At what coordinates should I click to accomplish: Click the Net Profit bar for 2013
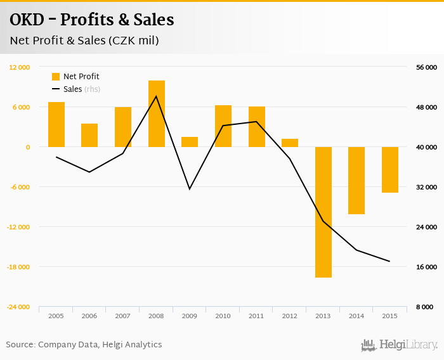click(323, 212)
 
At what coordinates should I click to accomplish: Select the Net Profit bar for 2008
click(157, 114)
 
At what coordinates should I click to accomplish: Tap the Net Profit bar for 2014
click(356, 181)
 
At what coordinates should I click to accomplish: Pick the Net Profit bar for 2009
click(190, 142)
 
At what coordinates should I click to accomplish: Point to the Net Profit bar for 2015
click(390, 170)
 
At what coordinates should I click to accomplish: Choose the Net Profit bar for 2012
click(290, 143)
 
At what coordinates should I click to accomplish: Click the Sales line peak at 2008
click(157, 96)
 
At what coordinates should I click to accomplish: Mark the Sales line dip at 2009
click(190, 189)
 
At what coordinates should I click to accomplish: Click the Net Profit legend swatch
click(56, 77)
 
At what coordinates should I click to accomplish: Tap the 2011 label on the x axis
click(256, 316)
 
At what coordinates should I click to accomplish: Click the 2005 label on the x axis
click(56, 316)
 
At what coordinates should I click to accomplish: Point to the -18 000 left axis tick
click(19, 267)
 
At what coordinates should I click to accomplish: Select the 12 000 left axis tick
click(20, 67)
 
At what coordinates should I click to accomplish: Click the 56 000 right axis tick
click(426, 67)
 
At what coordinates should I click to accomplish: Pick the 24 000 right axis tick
click(426, 227)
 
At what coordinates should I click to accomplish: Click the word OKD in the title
click(27, 20)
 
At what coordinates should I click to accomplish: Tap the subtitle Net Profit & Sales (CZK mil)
click(84, 41)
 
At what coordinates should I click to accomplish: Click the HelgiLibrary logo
click(399, 345)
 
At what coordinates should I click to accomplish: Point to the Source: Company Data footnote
click(84, 344)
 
